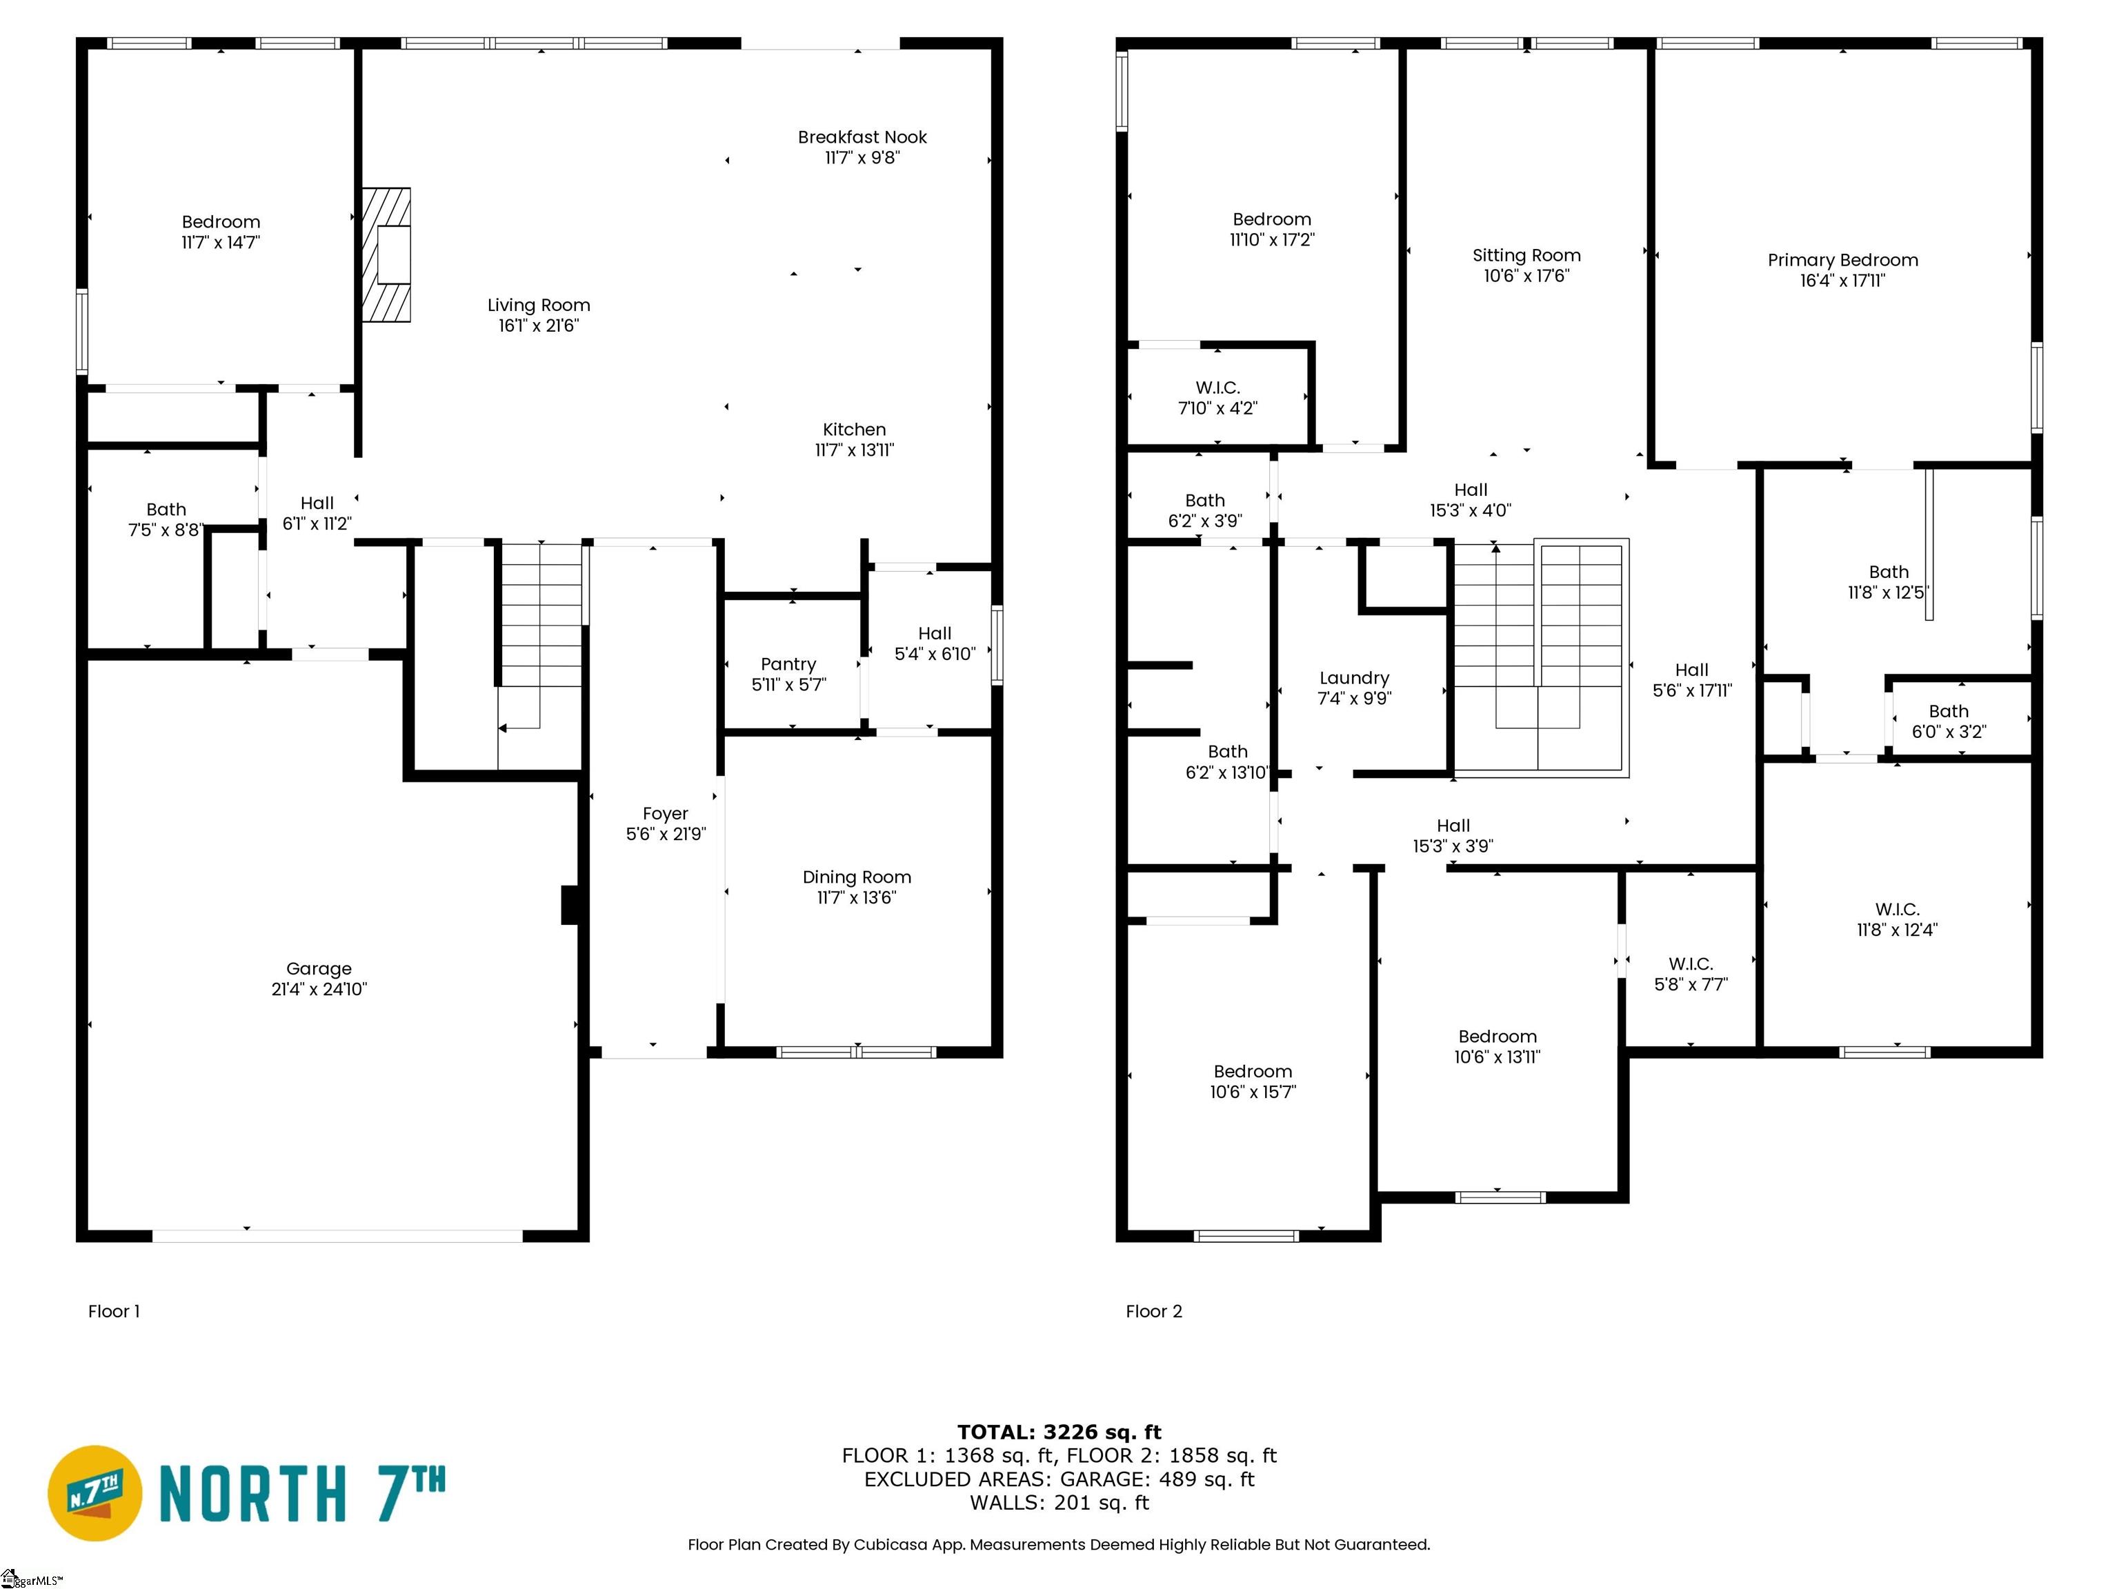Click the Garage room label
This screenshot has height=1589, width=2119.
pos(319,968)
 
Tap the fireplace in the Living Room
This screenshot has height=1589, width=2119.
pos(386,254)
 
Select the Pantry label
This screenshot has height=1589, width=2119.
pos(788,663)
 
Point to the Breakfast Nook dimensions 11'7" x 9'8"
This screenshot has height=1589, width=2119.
pos(862,157)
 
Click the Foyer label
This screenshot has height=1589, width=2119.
pos(666,813)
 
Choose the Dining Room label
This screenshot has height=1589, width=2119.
pos(857,877)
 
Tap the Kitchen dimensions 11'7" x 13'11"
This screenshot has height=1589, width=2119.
pos(855,449)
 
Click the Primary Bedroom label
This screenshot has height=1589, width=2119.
pos(1843,259)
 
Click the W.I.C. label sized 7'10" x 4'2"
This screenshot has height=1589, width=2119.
pos(1217,387)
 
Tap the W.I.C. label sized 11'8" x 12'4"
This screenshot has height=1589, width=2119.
pos(1897,909)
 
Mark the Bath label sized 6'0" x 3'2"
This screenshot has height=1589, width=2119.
pos(1949,710)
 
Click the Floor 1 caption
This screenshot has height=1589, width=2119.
pos(114,1311)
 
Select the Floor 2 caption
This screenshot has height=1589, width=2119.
pos(1154,1311)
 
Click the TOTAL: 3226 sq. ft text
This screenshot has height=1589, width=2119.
pos(1059,1432)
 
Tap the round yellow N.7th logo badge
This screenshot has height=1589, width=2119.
pos(94,1493)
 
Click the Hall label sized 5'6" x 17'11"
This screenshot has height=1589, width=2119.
pos(1692,670)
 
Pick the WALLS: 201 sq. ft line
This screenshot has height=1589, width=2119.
pos(1059,1502)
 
